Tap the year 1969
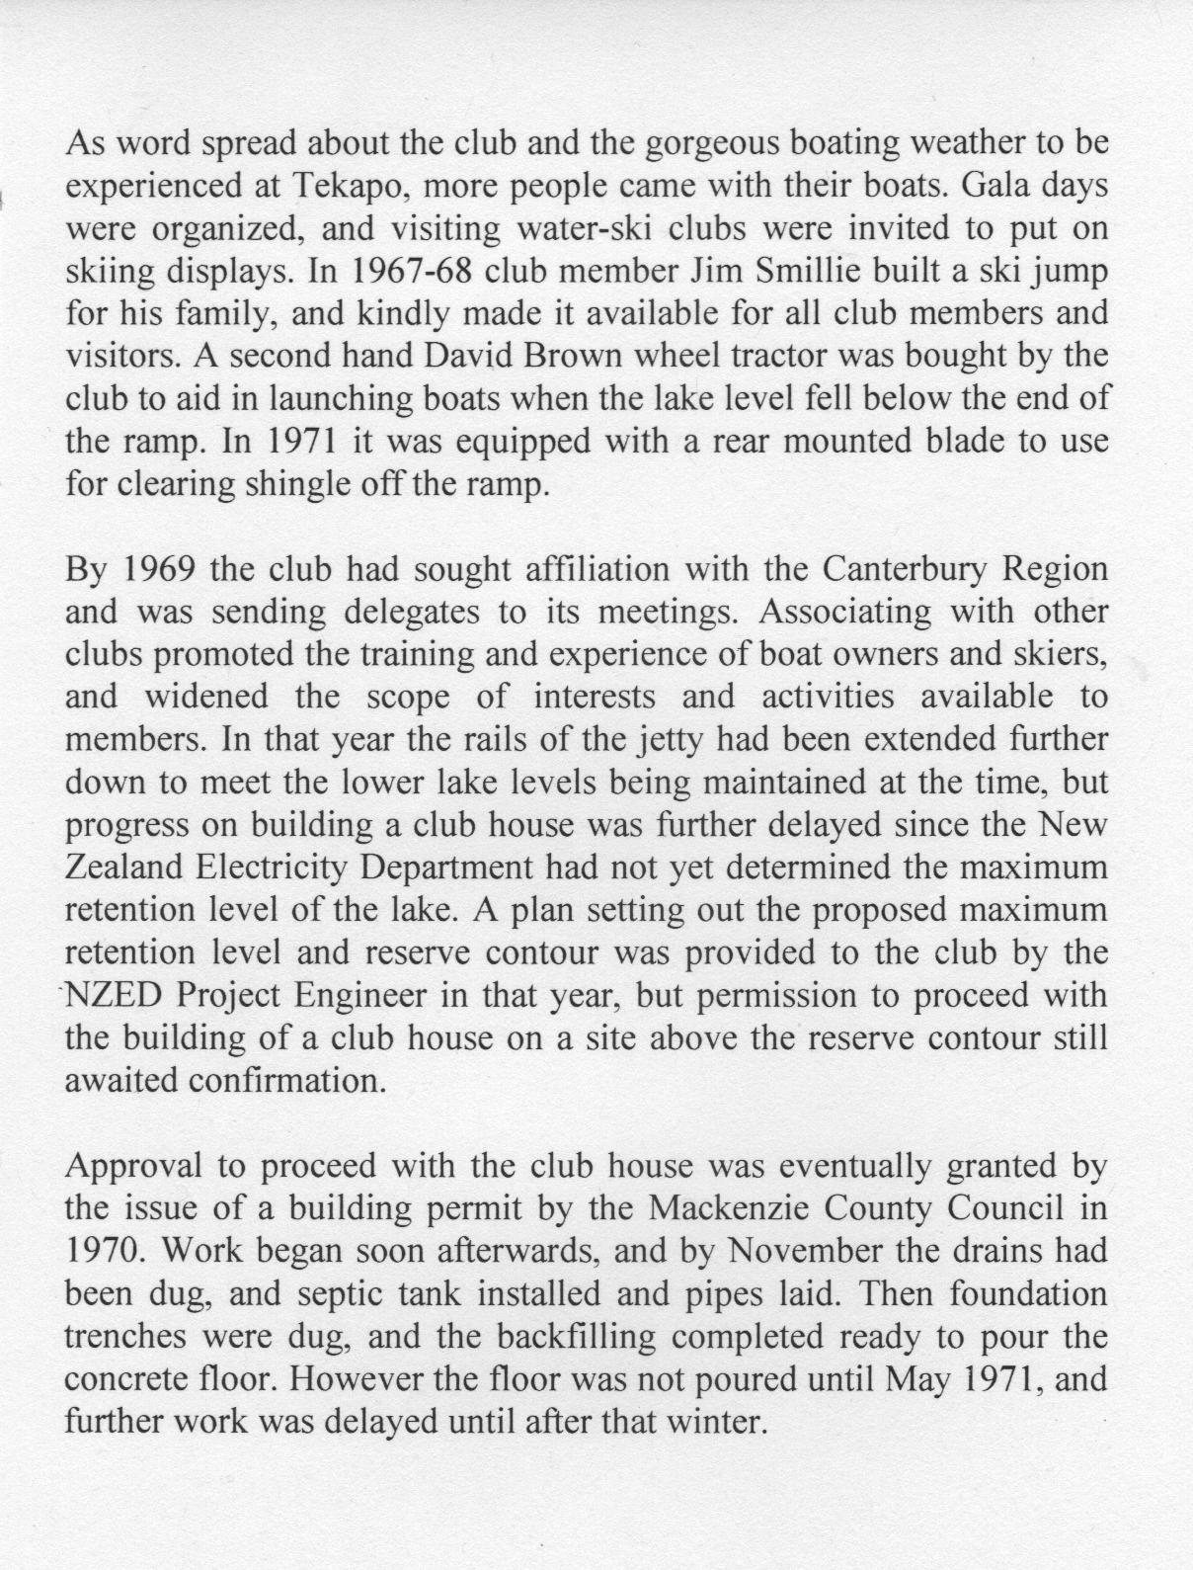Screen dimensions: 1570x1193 164,570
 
